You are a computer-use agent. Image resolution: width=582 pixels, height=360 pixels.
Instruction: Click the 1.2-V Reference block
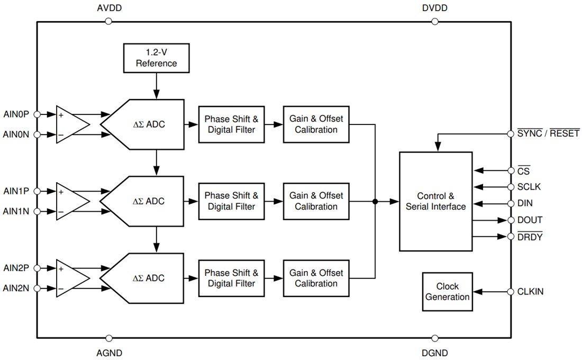pyautogui.click(x=156, y=58)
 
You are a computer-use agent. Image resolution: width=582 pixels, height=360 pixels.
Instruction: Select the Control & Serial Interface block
pyautogui.click(x=435, y=201)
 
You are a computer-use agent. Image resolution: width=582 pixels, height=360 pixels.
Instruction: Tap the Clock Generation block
pyautogui.click(x=447, y=292)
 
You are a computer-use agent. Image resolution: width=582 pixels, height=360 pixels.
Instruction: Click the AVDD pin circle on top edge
pyautogui.click(x=108, y=21)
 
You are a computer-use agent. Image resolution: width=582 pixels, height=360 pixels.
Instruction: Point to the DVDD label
pyautogui.click(x=434, y=8)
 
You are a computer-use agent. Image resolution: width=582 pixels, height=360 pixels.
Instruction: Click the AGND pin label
pyautogui.click(x=110, y=353)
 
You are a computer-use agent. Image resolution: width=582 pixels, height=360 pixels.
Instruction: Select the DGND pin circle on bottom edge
pyautogui.click(x=435, y=338)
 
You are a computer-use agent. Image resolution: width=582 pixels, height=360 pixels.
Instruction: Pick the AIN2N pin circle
pyautogui.click(x=37, y=289)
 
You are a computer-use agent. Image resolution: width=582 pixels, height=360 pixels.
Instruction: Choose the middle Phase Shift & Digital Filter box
pyautogui.click(x=231, y=201)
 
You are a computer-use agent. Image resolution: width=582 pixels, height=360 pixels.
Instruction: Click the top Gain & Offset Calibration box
pyautogui.click(x=316, y=124)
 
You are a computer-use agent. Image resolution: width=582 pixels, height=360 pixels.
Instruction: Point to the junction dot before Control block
pyautogui.click(x=375, y=201)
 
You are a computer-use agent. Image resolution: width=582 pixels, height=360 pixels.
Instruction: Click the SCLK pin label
pyautogui.click(x=530, y=187)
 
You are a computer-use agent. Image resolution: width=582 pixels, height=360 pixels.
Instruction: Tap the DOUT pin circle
pyautogui.click(x=511, y=220)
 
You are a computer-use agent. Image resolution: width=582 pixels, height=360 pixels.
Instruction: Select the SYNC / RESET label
pyautogui.click(x=548, y=133)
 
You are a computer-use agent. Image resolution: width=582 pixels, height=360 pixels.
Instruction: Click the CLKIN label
pyautogui.click(x=531, y=292)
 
